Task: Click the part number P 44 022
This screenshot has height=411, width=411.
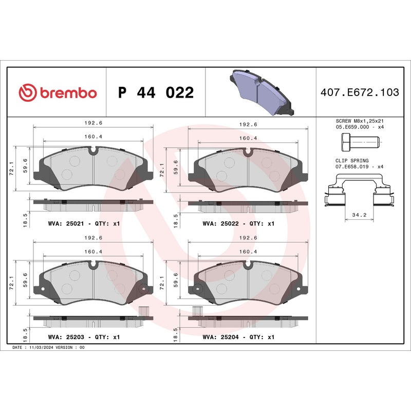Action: click(156, 93)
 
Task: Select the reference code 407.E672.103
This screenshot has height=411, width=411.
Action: click(359, 92)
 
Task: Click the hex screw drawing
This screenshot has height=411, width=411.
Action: click(359, 141)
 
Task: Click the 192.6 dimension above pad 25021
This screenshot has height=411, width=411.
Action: click(94, 124)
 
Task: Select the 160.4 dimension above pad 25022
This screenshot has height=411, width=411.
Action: click(248, 138)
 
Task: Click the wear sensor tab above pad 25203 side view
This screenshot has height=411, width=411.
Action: click(143, 311)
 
